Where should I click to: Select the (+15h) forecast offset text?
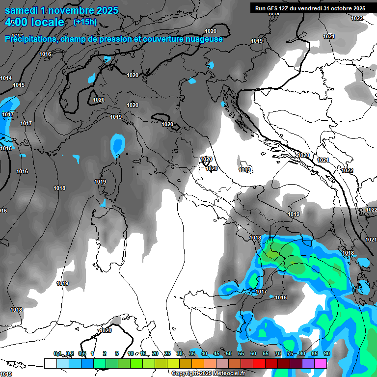click(85, 22)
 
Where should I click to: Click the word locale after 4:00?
click(46, 22)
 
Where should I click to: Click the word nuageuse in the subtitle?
click(202, 39)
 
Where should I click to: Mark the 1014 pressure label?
click(6, 78)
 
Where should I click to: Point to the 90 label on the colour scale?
click(326, 353)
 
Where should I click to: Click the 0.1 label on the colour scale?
click(57, 353)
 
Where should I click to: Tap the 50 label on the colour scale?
click(228, 353)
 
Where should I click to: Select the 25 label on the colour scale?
click(167, 353)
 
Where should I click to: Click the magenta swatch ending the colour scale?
click(321, 363)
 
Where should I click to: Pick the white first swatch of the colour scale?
click(50, 363)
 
